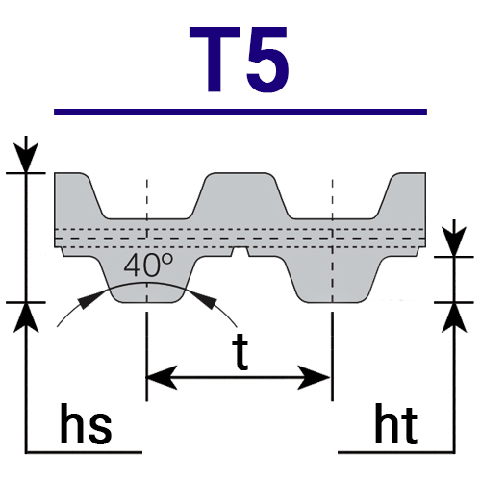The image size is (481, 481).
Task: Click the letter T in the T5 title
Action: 215,60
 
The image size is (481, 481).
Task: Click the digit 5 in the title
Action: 267,60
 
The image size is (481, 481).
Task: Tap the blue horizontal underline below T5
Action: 240,112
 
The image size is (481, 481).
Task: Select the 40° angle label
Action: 148,266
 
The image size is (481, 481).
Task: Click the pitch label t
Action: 240,351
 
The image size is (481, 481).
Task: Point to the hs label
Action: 86,423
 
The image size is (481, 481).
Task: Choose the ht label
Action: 396,423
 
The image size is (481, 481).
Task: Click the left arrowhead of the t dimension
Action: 161,377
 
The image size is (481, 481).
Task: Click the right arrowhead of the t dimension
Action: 315,377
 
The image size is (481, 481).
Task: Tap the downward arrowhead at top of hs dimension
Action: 26,157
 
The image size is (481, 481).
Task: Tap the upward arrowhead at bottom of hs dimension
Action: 26,317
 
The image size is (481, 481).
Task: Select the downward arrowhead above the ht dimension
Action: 454,241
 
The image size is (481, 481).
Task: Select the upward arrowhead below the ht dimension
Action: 454,317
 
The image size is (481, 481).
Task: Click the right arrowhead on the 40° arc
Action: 205,299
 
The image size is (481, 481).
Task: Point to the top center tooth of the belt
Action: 240,195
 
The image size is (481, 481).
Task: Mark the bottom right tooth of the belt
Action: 334,279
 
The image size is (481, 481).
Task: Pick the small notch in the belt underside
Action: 240,251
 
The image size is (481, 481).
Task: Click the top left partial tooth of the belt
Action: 79,195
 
